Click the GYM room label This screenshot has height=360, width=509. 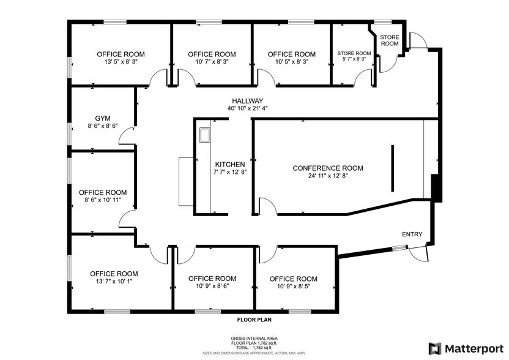coord(102,118)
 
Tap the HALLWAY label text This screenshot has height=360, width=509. coord(247,101)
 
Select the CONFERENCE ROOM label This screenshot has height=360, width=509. coord(328,168)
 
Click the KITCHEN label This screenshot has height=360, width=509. coord(230,165)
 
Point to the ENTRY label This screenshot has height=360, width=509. coord(412,234)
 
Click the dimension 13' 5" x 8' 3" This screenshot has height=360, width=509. coord(121,62)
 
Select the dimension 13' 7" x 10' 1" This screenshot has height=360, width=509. coord(114,282)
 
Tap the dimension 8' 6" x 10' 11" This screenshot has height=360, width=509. coord(103,200)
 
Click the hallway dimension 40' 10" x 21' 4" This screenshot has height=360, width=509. coord(247,108)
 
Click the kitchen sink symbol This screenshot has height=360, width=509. coord(203,134)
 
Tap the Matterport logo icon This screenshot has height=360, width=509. coord(435,348)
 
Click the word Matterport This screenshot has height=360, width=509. coord(474,348)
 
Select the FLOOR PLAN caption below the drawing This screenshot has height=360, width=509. coord(254,320)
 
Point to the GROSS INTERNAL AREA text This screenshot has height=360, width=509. coord(254,339)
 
